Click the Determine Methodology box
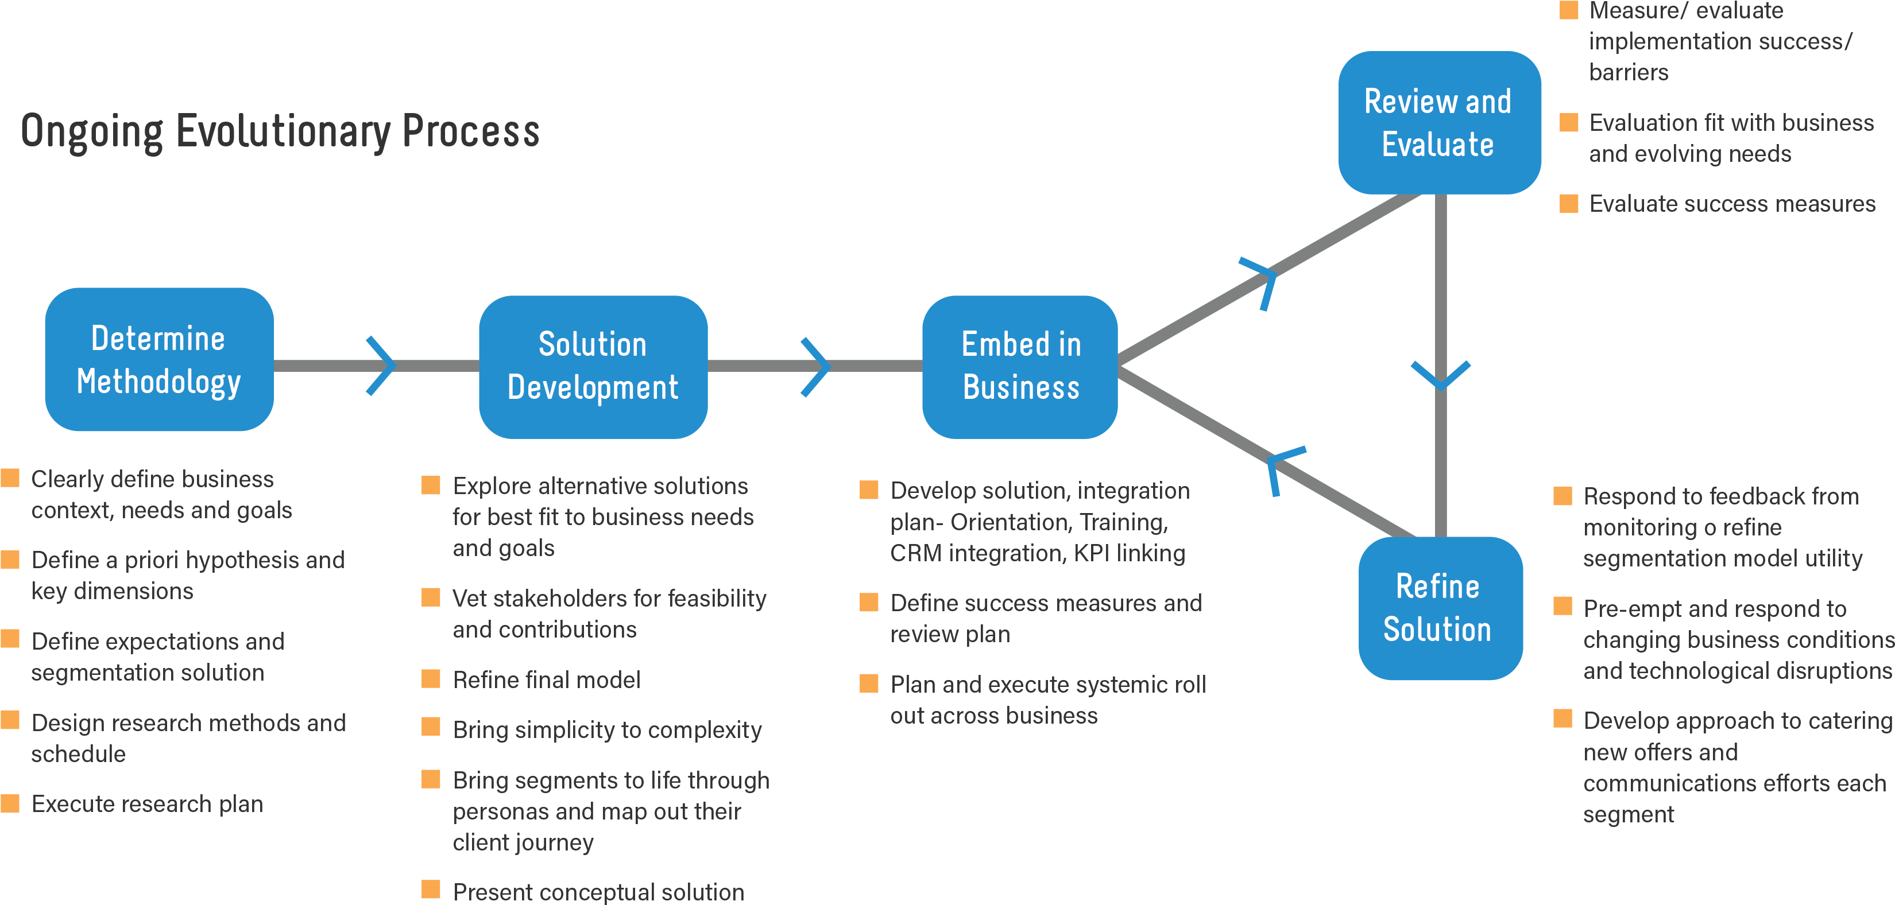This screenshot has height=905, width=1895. (159, 359)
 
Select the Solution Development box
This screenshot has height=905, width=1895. (593, 367)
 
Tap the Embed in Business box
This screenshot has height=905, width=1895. (1020, 367)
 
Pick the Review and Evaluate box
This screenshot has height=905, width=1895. (1439, 123)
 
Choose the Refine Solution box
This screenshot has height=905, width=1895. (1440, 608)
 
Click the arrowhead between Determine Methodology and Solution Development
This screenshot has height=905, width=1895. (382, 366)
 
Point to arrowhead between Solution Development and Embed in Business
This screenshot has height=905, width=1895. (817, 367)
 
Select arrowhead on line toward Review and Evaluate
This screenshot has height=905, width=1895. (1263, 280)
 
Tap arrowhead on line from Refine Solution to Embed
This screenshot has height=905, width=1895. (1282, 466)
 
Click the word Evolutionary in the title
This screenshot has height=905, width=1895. (283, 133)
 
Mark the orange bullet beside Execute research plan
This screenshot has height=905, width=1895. (10, 803)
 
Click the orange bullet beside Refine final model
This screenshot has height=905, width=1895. (431, 678)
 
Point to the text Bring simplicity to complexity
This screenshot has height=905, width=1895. (607, 729)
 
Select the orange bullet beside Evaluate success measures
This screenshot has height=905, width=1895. (1569, 203)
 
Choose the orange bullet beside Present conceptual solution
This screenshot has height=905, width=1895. (431, 890)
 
